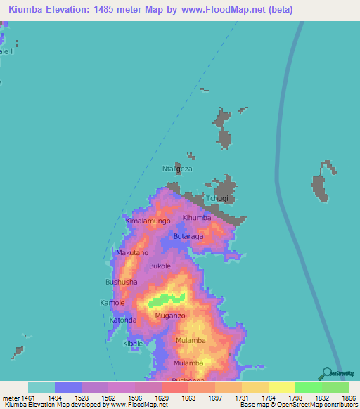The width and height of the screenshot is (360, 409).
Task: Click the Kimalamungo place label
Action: click(148, 221)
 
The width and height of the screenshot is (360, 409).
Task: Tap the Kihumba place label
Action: click(197, 218)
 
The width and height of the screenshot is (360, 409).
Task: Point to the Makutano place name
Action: click(132, 252)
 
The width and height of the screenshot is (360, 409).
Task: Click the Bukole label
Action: click(161, 266)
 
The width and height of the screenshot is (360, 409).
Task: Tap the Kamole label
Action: click(112, 303)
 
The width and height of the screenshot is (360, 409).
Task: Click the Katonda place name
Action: click(123, 320)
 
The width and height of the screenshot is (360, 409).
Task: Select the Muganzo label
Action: click(169, 316)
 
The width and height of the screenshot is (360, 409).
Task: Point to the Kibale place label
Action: click(133, 343)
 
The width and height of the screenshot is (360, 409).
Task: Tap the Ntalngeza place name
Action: click(177, 169)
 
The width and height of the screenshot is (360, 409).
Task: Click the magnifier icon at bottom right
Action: click(327, 375)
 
